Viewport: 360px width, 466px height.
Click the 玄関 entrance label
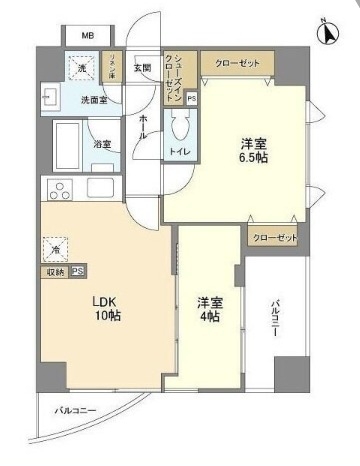[x=143, y=68]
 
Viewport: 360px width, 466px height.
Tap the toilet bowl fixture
[x=182, y=127]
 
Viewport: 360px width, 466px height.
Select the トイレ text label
[x=181, y=152]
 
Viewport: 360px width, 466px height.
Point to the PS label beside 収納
[x=77, y=272]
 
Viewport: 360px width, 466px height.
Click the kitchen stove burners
[x=58, y=189]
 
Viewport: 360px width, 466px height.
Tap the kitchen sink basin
[x=101, y=188]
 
